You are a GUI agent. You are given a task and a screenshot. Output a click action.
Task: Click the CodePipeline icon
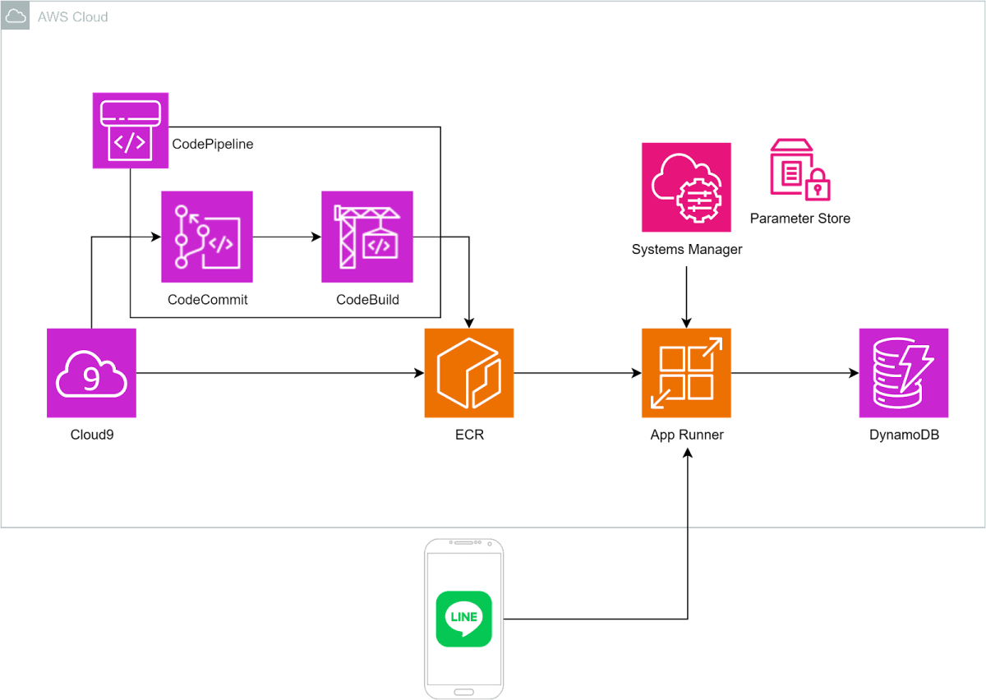(x=130, y=130)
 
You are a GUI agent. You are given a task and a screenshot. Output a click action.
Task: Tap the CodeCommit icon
(x=207, y=237)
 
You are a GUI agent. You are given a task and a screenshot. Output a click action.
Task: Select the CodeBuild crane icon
(x=367, y=237)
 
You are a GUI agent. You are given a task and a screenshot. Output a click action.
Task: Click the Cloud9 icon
(x=91, y=373)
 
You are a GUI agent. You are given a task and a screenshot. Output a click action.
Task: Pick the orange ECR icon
(x=468, y=373)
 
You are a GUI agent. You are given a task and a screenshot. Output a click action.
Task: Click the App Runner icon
(x=686, y=373)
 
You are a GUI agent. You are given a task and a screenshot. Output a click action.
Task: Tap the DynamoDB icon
(x=904, y=373)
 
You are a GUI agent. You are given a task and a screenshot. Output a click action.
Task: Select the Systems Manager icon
(x=686, y=187)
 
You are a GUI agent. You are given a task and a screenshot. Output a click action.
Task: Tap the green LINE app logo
(x=463, y=619)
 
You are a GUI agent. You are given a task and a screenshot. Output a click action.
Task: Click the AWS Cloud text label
(x=72, y=16)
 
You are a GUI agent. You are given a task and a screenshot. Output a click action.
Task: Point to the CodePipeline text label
(x=213, y=144)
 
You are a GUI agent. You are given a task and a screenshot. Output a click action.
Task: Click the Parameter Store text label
(x=799, y=219)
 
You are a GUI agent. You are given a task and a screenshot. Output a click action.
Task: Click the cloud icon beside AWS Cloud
(x=16, y=16)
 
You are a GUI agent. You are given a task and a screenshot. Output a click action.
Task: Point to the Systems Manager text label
(x=686, y=250)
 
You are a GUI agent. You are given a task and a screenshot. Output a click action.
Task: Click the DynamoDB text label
(x=904, y=435)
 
